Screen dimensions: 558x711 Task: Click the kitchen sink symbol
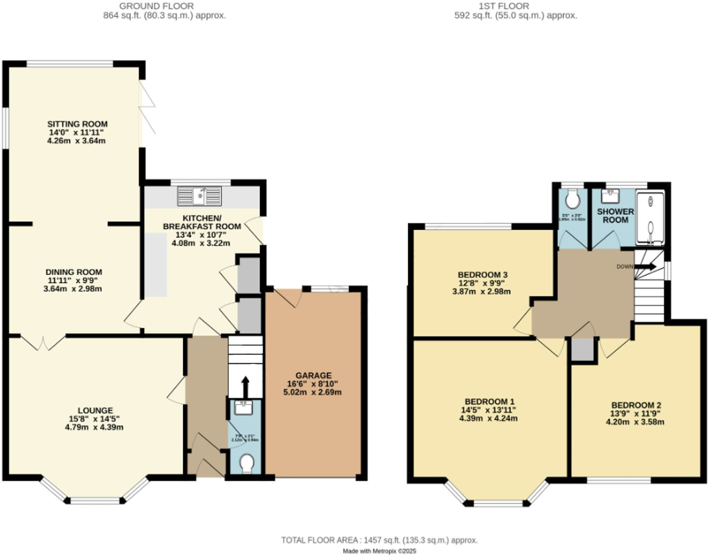199,196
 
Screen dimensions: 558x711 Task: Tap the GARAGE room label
313,375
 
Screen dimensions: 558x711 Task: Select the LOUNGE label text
95,410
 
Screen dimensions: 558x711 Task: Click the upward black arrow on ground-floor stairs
245,387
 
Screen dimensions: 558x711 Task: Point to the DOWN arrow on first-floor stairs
646,266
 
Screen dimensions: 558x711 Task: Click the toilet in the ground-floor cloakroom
247,463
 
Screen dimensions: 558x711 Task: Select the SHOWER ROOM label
615,216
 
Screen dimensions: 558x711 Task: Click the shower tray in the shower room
650,218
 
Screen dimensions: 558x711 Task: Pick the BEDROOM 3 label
482,275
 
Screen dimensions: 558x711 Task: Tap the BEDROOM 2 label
636,405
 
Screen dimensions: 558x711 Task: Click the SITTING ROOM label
77,124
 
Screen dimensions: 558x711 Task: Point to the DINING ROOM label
74,272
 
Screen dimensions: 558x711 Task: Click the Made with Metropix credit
379,551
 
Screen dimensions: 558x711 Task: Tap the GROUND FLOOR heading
156,6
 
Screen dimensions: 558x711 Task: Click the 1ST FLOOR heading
504,6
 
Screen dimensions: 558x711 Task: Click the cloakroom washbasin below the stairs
244,407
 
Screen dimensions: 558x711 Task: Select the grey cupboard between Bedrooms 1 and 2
582,349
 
